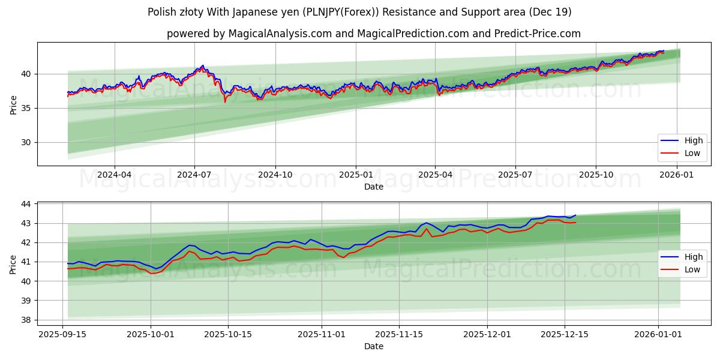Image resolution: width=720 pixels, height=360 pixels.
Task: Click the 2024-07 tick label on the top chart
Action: click(x=194, y=175)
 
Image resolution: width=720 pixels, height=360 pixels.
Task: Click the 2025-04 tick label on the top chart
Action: click(x=435, y=175)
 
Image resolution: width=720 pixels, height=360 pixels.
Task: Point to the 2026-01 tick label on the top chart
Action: click(x=677, y=175)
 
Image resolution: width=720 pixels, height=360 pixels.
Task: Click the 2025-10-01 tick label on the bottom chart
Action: click(x=150, y=335)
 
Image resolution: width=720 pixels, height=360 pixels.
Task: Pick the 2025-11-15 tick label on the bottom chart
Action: click(x=399, y=335)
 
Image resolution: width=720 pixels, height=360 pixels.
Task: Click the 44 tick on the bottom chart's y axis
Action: click(x=26, y=204)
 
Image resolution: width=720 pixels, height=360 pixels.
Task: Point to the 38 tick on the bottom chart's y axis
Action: click(x=26, y=320)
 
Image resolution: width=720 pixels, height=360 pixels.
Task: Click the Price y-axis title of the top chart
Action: click(x=13, y=104)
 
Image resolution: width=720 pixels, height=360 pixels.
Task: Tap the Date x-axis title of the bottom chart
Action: click(x=373, y=346)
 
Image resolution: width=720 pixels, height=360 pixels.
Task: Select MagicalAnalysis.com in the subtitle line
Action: click(x=280, y=34)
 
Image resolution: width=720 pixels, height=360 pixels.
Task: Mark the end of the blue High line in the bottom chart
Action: click(x=575, y=215)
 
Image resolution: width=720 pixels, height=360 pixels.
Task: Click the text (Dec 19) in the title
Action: click(x=550, y=12)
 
